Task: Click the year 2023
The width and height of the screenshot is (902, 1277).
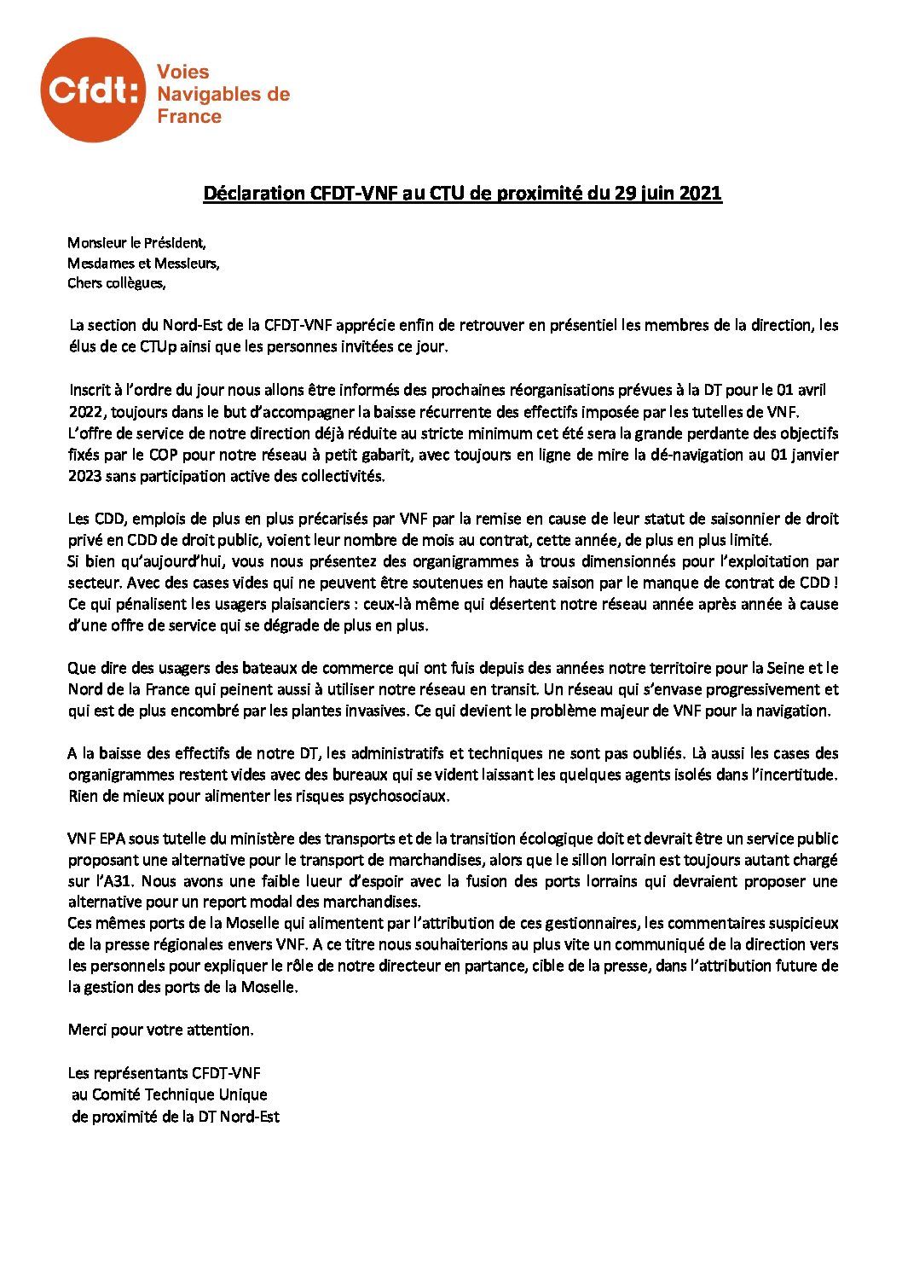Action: click(x=84, y=476)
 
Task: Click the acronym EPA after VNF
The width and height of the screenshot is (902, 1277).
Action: click(x=111, y=839)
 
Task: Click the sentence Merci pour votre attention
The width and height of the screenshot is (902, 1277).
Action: click(x=160, y=1030)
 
